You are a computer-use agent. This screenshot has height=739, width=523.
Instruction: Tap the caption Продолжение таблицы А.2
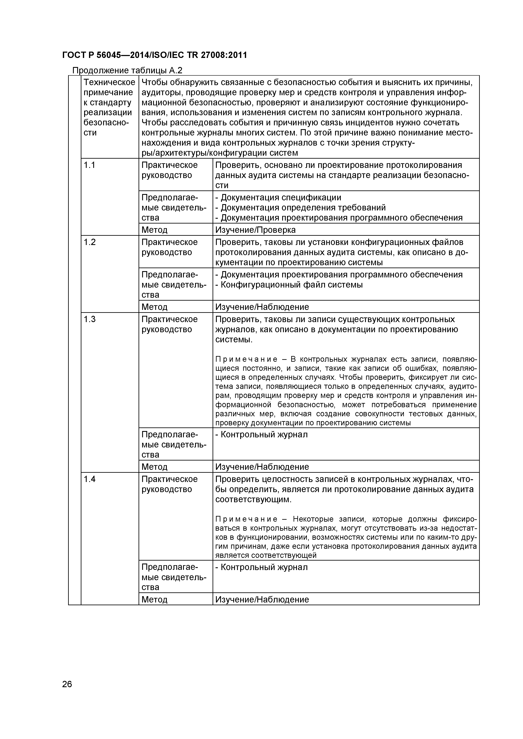[x=127, y=70]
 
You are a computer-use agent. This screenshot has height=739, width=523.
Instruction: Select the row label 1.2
[x=90, y=242]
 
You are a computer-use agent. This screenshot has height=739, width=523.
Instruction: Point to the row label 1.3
[x=90, y=319]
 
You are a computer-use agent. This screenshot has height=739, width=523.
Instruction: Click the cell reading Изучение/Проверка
[x=255, y=230]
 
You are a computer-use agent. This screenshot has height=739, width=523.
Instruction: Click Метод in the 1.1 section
[x=154, y=230]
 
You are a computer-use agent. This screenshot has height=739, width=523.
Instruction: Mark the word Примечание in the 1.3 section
[x=246, y=359]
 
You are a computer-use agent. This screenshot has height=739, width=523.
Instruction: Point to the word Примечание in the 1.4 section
[x=246, y=519]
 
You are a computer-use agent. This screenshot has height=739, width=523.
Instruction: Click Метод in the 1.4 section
[x=154, y=600]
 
